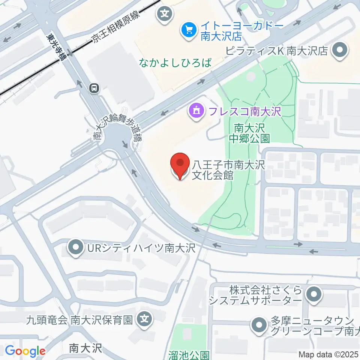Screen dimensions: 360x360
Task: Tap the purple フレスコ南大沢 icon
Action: (196, 111)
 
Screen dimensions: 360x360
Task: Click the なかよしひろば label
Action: (175, 63)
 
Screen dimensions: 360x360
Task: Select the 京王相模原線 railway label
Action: (116, 27)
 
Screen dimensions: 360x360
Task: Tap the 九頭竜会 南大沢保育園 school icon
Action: (144, 320)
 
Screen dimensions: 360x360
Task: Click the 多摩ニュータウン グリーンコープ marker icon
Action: (259, 325)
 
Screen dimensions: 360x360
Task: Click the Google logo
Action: (25, 351)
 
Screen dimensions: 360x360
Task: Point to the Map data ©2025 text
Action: (329, 354)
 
